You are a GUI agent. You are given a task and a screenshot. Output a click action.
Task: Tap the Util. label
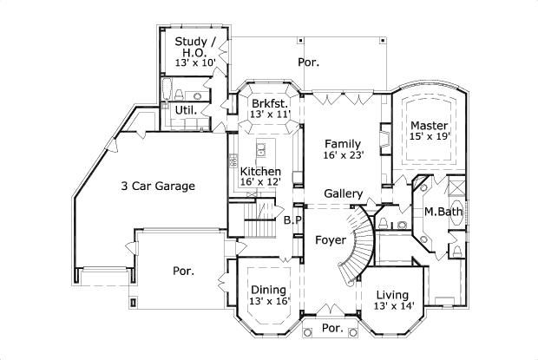point(186,111)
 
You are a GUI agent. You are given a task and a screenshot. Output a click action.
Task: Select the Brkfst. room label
point(268,103)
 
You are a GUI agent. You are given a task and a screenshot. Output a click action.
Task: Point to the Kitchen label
point(260,171)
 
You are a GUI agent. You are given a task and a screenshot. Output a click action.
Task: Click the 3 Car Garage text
point(157,186)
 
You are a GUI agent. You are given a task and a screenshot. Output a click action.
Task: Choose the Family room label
point(343,143)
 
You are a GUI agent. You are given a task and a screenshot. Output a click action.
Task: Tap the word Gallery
point(343,193)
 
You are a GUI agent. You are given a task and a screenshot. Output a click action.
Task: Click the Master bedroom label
point(429,125)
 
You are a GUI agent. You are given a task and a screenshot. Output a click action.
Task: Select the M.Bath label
point(441,212)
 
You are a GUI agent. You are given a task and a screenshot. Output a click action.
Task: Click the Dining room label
point(268,290)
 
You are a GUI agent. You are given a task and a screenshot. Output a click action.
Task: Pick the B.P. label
point(292,220)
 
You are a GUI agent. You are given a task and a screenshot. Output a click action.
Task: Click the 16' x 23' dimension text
point(344,154)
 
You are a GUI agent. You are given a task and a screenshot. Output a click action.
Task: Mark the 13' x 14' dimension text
point(393,306)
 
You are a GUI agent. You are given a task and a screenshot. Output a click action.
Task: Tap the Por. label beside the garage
point(181,271)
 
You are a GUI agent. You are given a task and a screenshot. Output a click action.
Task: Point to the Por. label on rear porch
point(308,62)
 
